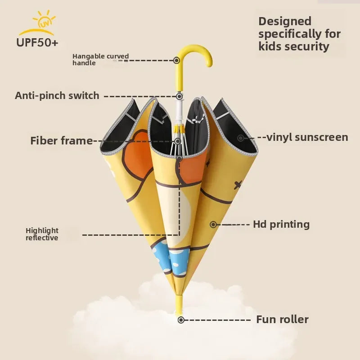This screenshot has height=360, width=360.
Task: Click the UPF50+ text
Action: tap(37, 43)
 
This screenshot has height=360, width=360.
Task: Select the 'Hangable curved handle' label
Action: tap(100, 59)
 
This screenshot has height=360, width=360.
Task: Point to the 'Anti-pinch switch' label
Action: tap(57, 95)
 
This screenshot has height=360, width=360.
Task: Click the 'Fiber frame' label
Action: tap(61, 140)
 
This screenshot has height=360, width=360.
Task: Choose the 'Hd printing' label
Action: tap(281, 224)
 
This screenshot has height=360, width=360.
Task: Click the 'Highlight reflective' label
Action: tap(42, 234)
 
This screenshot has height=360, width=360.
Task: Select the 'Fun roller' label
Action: tap(283, 319)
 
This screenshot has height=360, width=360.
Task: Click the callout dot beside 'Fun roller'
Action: tap(181, 320)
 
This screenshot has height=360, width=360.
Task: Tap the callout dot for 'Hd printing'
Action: tap(213, 224)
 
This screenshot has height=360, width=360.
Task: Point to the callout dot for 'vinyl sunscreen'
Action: tap(241, 138)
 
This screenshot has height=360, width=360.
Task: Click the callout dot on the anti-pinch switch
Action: tap(179, 96)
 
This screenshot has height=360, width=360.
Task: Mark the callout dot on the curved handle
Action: tap(177, 60)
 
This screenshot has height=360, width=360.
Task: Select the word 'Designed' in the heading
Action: tap(285, 21)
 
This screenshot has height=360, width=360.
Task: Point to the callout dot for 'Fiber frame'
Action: tap(179, 141)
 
